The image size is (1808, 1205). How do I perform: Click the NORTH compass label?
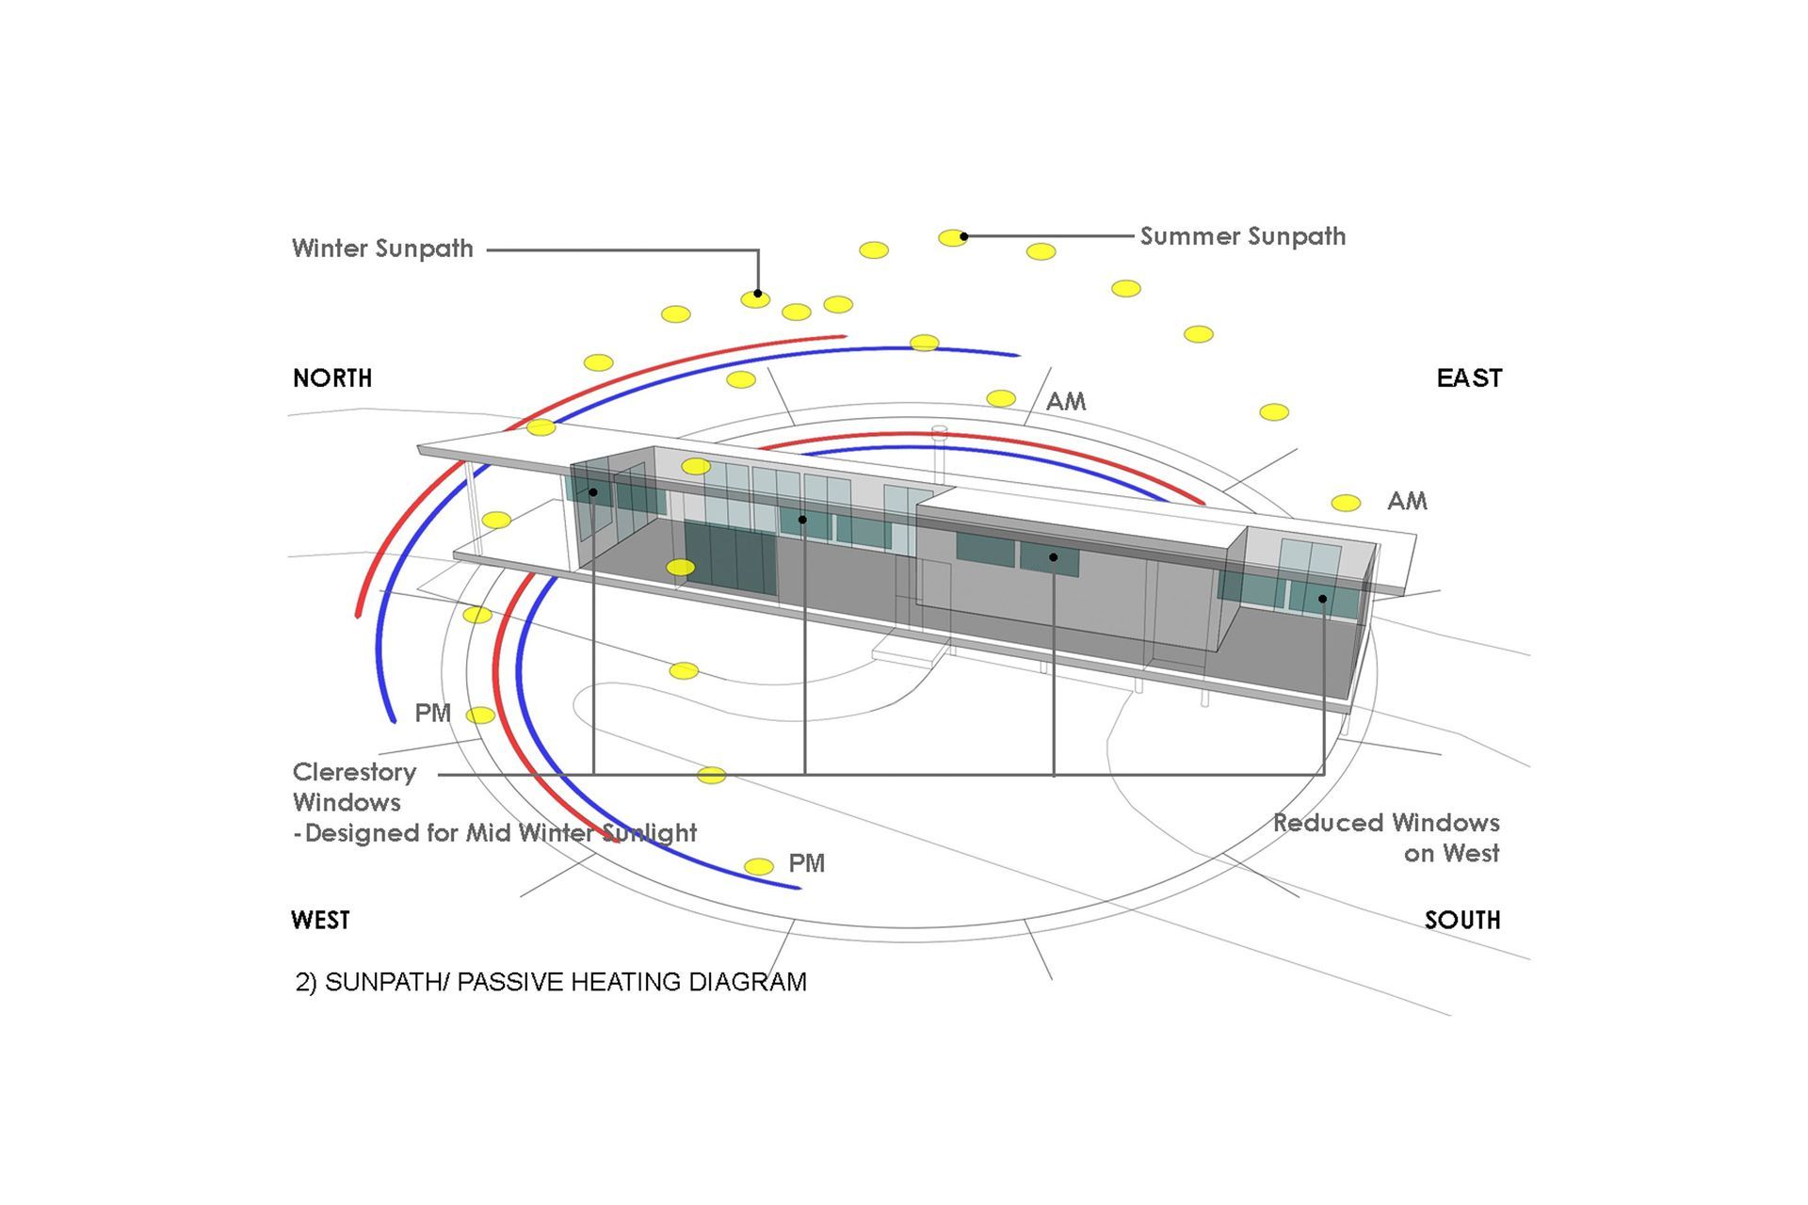332,378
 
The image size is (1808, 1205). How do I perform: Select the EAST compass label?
1469,378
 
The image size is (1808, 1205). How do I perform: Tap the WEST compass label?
320,920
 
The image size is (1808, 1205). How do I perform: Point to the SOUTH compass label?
1462,920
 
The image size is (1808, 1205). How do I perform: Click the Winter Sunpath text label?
382,249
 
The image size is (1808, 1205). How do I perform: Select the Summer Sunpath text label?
1243,236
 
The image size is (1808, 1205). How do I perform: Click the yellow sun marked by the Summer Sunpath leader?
952,237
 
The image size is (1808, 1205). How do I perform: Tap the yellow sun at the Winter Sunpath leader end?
755,299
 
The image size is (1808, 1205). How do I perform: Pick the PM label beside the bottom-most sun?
806,863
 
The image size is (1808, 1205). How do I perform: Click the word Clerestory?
354,773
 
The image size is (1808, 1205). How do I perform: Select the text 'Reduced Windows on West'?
1386,838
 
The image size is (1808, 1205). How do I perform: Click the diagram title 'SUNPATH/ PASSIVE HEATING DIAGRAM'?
565,982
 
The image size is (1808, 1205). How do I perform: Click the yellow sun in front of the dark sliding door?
681,568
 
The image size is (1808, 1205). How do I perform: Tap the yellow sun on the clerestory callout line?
711,775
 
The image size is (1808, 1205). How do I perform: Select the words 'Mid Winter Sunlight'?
581,833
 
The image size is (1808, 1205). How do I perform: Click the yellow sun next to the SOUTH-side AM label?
1346,503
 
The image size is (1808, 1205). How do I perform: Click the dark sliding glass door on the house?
731,559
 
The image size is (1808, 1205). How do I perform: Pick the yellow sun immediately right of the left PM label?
480,715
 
